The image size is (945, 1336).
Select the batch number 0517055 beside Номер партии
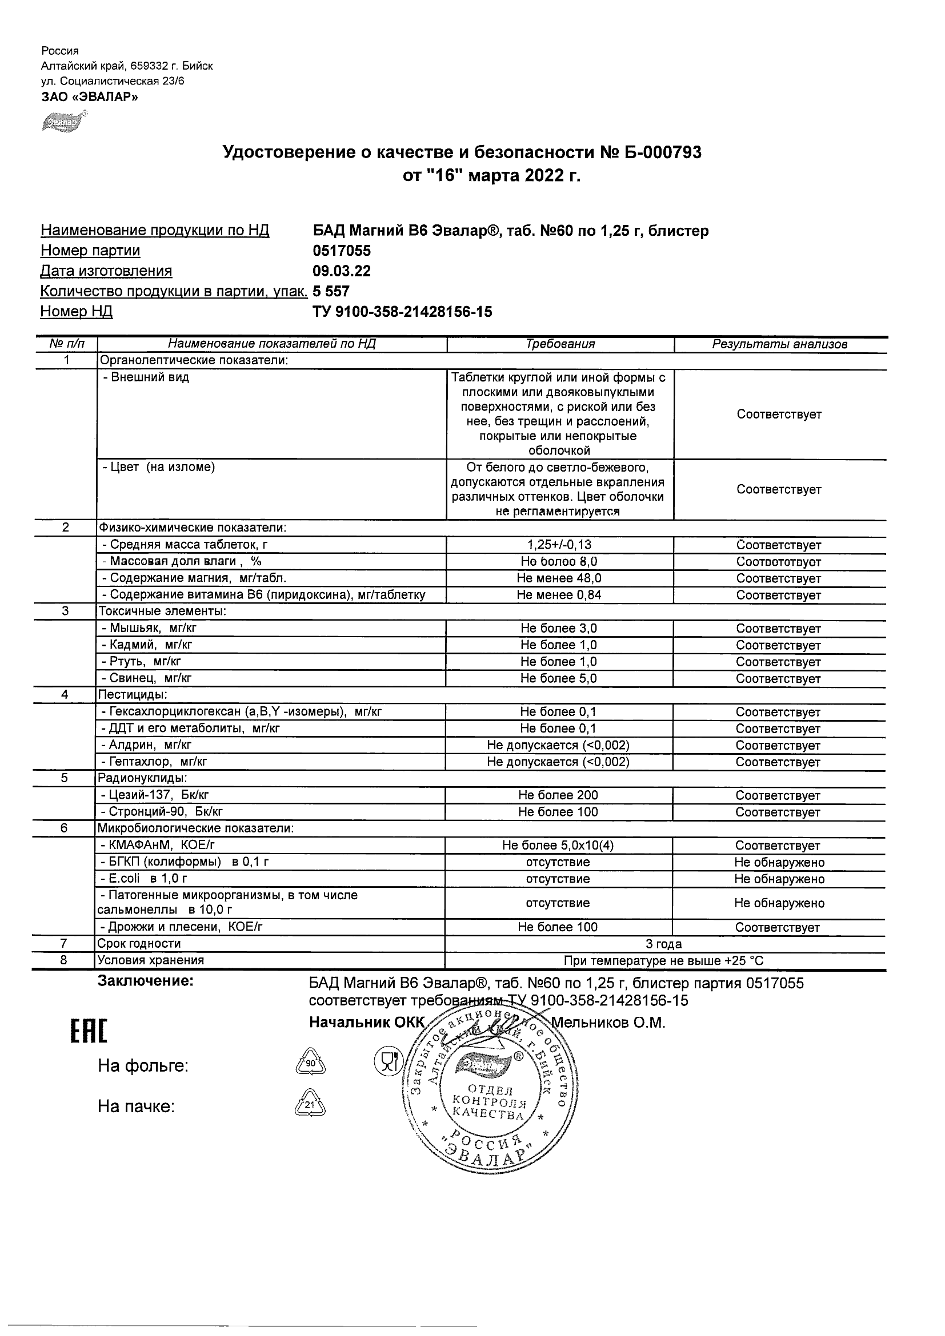coord(342,251)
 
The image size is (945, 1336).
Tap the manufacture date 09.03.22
coord(342,271)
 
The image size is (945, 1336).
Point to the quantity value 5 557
coord(331,291)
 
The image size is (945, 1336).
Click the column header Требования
coord(560,344)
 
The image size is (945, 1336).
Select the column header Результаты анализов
coord(780,344)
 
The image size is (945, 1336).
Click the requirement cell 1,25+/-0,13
coord(559,545)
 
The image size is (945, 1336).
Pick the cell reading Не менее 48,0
coord(559,578)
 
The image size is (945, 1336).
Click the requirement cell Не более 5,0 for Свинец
coord(559,678)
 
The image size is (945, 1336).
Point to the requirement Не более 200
coord(558,795)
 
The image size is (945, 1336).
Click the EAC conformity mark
coord(89,1032)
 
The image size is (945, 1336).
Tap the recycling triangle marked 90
coord(310,1063)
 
